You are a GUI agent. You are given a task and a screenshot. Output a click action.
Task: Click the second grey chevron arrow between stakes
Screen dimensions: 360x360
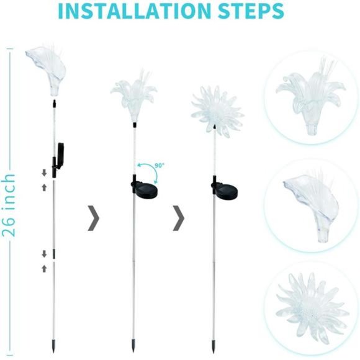pyautogui.click(x=179, y=218)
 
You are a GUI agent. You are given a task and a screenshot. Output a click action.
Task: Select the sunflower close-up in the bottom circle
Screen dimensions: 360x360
pyautogui.click(x=310, y=305)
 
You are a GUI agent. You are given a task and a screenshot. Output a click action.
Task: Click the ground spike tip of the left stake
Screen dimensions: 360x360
pyautogui.click(x=52, y=345)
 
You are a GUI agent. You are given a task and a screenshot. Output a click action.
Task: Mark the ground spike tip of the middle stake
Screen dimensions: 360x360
pyautogui.click(x=133, y=345)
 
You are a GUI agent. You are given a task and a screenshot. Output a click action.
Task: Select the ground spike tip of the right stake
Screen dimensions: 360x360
pyautogui.click(x=213, y=345)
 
